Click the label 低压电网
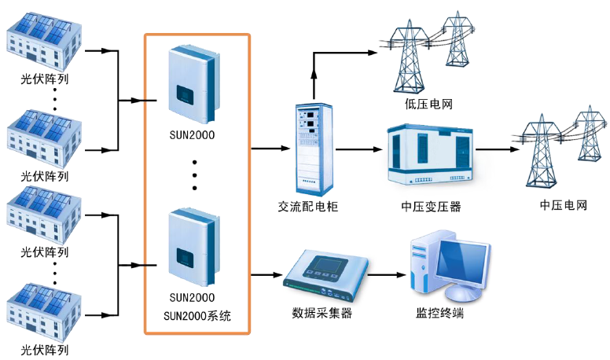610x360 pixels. tap(428, 104)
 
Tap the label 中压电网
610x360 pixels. tap(564, 206)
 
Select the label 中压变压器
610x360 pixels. tap(431, 207)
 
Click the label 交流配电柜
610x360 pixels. tap(309, 207)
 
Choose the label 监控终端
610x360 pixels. tap(439, 314)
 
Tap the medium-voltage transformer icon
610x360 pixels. tap(430, 153)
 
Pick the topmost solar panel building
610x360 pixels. tap(43, 39)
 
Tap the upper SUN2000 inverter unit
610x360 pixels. tap(191, 79)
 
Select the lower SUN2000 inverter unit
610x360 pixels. tap(191, 246)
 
